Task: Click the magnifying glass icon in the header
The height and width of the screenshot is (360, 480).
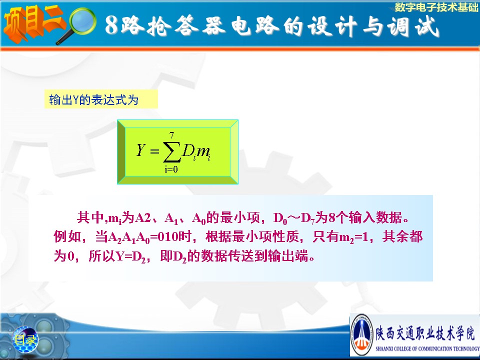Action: (79, 24)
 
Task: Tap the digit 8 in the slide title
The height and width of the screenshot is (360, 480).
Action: (111, 25)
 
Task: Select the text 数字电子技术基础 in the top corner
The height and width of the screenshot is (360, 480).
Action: (436, 7)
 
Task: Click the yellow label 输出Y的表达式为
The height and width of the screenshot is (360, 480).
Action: (93, 100)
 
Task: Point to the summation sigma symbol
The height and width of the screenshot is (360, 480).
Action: (171, 151)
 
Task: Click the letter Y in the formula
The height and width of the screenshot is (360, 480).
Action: (140, 149)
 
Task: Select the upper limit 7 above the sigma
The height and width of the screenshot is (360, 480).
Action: (171, 135)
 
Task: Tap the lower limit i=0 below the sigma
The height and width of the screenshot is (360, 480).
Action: (171, 169)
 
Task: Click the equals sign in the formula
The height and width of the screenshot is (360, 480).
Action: (154, 151)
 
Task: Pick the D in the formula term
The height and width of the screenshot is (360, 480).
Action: (187, 150)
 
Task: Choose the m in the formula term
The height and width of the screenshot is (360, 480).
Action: (202, 151)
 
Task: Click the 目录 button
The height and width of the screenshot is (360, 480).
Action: (25, 339)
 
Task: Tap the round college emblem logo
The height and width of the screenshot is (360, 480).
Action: (362, 334)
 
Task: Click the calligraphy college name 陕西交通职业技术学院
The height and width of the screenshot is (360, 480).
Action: (425, 333)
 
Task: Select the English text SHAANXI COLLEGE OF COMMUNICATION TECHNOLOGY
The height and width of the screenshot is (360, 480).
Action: (427, 348)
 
